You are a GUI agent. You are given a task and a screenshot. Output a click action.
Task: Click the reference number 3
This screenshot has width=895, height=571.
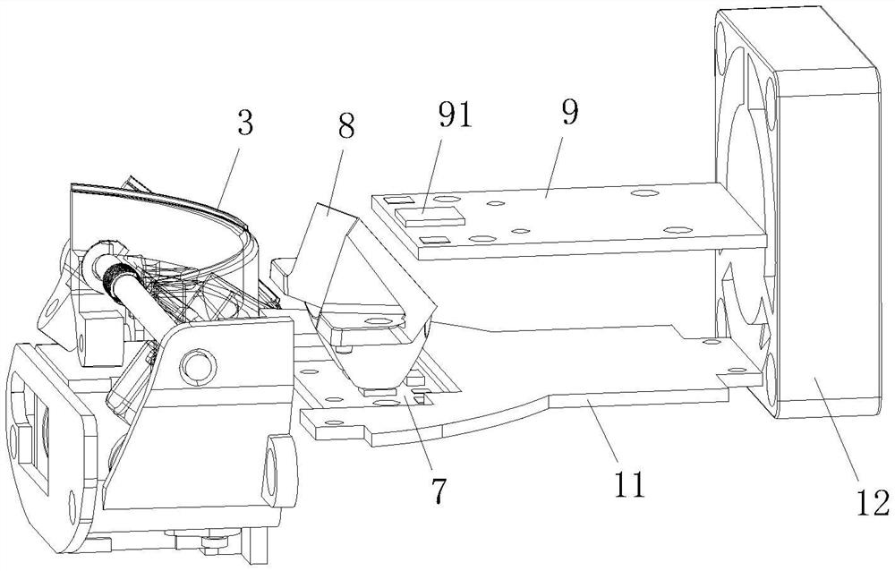tap(245, 123)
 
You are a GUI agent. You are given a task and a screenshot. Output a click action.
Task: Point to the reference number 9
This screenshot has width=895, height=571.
tap(569, 112)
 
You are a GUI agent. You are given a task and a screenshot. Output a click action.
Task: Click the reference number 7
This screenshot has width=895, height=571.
tap(438, 489)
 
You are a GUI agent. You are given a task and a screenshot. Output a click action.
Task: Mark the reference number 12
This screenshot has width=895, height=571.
tap(873, 502)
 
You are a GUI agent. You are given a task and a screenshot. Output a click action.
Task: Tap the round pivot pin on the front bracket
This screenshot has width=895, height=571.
tap(198, 364)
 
